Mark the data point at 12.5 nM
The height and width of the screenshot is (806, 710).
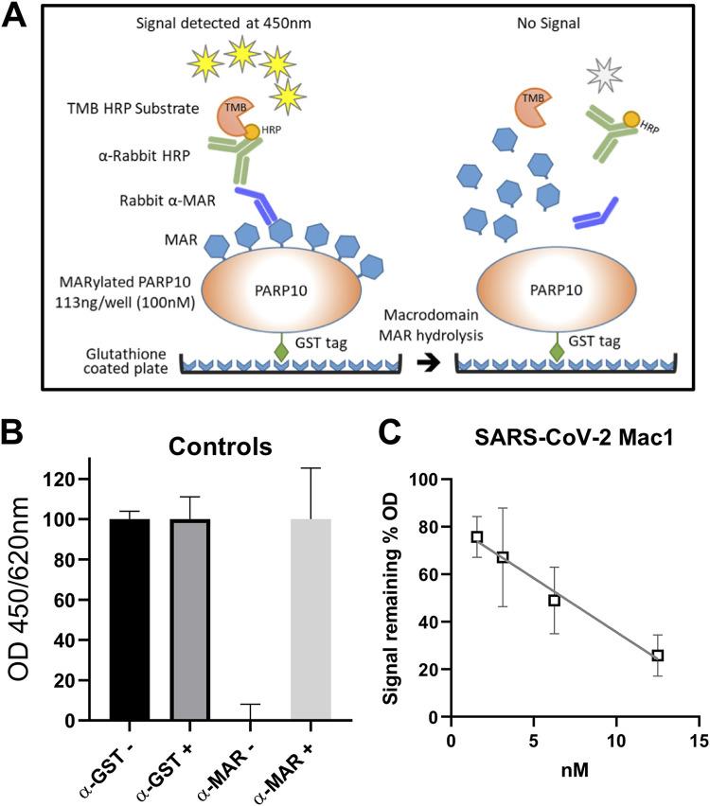[658, 655]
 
